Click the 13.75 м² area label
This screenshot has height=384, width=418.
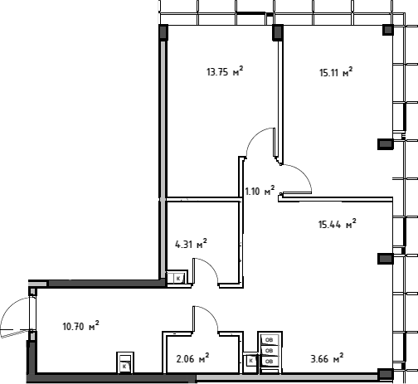pyautogui.click(x=225, y=72)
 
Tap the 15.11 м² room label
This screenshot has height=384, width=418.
pyautogui.click(x=336, y=72)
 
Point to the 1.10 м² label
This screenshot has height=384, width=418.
pyautogui.click(x=260, y=191)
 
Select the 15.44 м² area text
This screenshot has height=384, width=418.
pyautogui.click(x=338, y=224)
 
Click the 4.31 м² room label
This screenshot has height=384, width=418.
pyautogui.click(x=191, y=244)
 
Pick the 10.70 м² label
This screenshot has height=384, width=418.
pyautogui.click(x=81, y=326)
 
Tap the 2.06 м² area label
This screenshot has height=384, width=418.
pyautogui.click(x=192, y=359)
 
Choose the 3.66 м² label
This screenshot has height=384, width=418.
pyautogui.click(x=328, y=359)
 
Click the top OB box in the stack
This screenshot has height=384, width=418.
pyautogui.click(x=269, y=340)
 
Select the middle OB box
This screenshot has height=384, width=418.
pyautogui.click(x=269, y=351)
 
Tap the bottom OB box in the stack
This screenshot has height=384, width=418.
pyautogui.click(x=269, y=361)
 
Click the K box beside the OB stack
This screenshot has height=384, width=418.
pyautogui.click(x=251, y=361)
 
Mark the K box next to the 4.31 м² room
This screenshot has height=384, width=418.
pyautogui.click(x=178, y=279)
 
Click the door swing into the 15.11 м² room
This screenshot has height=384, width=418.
pyautogui.click(x=301, y=174)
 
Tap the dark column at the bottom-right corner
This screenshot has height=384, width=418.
pyautogui.click(x=386, y=374)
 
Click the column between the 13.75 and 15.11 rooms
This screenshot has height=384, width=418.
pyautogui.click(x=278, y=32)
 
